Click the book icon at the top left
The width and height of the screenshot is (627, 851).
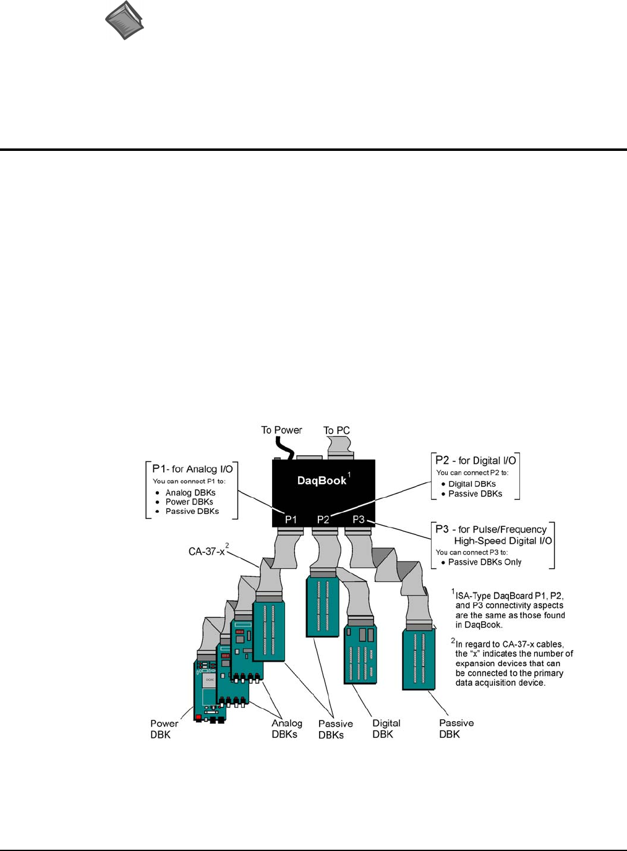click(x=124, y=20)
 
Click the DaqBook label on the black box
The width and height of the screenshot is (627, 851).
click(x=322, y=481)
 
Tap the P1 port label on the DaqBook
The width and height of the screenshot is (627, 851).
click(x=291, y=520)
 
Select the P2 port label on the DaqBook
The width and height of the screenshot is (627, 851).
click(x=323, y=520)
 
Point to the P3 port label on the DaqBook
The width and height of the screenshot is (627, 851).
click(x=359, y=519)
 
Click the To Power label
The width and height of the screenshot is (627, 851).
click(x=281, y=430)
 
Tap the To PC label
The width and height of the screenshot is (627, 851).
click(x=336, y=430)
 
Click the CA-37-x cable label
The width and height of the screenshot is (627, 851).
click(x=207, y=551)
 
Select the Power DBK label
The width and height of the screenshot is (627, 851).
click(x=163, y=729)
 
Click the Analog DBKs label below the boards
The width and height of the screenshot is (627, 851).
click(x=286, y=729)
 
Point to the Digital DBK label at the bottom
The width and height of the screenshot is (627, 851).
click(x=386, y=729)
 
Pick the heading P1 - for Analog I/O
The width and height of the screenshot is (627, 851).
click(x=192, y=469)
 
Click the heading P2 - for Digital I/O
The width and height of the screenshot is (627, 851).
click(x=476, y=460)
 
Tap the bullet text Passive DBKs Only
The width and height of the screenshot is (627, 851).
click(x=485, y=562)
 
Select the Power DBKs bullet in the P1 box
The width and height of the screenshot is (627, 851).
click(x=189, y=502)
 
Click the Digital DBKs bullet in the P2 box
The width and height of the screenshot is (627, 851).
click(x=472, y=484)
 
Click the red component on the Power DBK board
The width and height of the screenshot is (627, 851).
click(x=198, y=717)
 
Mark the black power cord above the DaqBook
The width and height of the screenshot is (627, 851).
click(x=284, y=447)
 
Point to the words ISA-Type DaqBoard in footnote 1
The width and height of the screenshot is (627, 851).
click(x=494, y=596)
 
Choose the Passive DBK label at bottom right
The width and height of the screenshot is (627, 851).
click(x=456, y=729)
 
